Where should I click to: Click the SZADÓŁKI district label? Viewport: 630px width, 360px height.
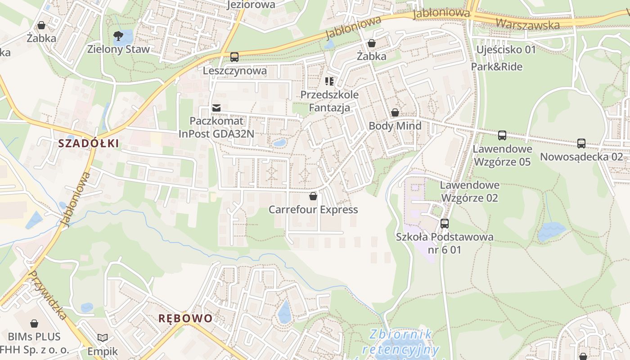coord(89,144)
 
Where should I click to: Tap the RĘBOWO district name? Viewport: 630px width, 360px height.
coord(185,319)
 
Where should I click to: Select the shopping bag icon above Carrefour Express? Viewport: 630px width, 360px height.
coord(313,197)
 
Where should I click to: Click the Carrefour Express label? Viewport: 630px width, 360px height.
coord(313,210)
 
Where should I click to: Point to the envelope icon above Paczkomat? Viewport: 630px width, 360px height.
coord(216,108)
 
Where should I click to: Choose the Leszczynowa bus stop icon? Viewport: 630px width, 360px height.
coord(234,57)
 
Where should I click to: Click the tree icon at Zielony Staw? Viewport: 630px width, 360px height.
coord(118,36)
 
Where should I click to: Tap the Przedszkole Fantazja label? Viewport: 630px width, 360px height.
coord(329,101)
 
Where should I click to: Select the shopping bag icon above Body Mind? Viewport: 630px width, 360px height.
coord(395,112)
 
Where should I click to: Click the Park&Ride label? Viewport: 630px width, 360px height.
coord(497,67)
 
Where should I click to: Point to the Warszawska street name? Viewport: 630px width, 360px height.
coord(529,22)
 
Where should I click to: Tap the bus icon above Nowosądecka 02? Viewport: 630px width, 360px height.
coord(581,144)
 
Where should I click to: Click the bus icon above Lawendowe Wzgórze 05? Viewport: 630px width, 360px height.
coord(502,135)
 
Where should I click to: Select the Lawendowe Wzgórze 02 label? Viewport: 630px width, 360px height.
coord(470,191)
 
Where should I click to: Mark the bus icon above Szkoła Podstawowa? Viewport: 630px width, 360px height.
coord(445,224)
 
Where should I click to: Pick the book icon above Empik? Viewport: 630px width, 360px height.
coord(103,337)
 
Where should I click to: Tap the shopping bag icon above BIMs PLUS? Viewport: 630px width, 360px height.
coord(34,324)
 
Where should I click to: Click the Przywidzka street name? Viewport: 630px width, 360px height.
coord(47,295)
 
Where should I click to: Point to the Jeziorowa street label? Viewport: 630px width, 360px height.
coord(251,5)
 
